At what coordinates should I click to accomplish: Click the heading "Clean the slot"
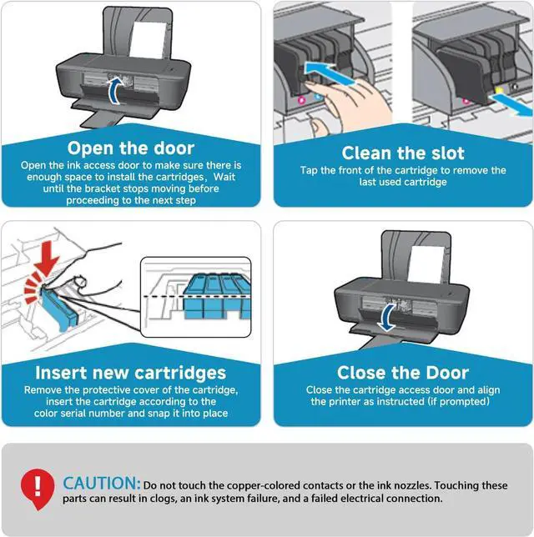pyautogui.click(x=403, y=153)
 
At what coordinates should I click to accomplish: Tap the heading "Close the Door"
pyautogui.click(x=403, y=373)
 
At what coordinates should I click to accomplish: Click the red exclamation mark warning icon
pyautogui.click(x=36, y=485)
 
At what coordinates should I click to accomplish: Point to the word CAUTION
pyautogui.click(x=102, y=483)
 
